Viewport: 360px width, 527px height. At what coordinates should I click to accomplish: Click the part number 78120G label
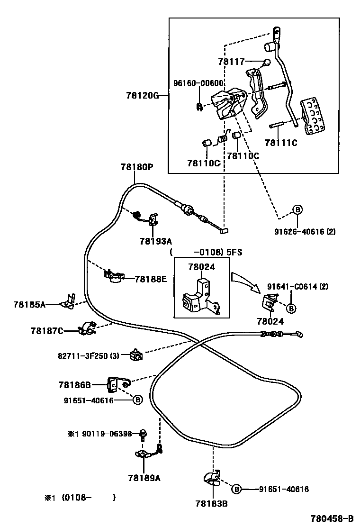[142, 95]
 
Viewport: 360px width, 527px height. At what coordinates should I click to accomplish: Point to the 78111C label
[281, 142]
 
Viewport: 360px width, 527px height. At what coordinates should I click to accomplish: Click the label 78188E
[151, 279]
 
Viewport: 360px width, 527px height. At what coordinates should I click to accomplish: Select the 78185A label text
[29, 304]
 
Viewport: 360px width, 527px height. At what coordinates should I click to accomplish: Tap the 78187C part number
[47, 330]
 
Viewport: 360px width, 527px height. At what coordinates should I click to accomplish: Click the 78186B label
[74, 385]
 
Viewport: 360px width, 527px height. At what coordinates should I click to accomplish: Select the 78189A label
[144, 478]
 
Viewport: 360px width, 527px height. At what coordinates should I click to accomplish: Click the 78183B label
[211, 504]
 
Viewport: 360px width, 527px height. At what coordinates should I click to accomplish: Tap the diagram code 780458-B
[332, 518]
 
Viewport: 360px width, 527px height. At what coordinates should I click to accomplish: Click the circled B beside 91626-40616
[297, 210]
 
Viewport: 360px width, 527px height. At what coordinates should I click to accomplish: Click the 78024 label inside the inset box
[201, 267]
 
